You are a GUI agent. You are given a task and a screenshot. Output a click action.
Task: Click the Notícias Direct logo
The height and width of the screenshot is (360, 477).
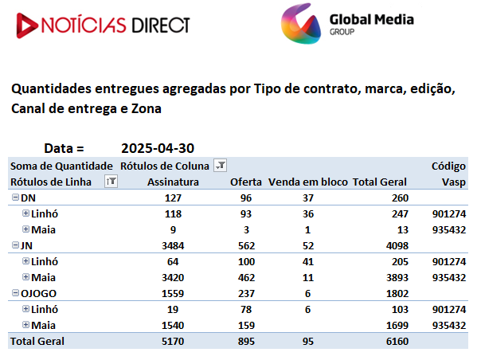tap(104, 25)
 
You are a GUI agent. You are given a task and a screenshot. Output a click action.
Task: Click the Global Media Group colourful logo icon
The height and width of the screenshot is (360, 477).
tap(300, 23)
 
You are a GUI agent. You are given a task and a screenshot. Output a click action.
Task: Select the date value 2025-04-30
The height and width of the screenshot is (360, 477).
tap(158, 148)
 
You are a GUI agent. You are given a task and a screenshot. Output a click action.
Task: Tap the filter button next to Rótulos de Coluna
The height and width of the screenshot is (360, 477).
tap(220, 165)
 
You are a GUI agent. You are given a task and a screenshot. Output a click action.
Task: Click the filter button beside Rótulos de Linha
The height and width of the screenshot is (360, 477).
tap(111, 181)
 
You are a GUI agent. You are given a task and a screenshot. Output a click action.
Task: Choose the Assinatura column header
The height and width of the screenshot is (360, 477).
tap(173, 182)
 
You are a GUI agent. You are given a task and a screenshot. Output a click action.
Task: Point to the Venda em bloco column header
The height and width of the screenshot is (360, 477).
tap(308, 182)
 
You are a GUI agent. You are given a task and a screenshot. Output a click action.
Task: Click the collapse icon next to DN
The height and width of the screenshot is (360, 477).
tap(15, 198)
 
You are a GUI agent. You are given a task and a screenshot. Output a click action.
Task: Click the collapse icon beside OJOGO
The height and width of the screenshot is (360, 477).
tap(15, 293)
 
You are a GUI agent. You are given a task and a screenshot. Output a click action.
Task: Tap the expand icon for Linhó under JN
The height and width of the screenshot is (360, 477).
tap(25, 260)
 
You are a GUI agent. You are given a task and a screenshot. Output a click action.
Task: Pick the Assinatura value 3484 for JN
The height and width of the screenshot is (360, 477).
tap(173, 245)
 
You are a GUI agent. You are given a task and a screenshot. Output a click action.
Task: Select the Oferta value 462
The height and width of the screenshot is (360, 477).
tap(246, 277)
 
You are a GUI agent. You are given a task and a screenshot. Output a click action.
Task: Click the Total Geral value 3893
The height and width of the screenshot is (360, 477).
tap(397, 277)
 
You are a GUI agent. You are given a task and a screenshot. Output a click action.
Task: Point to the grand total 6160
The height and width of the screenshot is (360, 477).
tap(397, 341)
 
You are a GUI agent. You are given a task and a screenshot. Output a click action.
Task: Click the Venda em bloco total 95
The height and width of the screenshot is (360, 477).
tap(308, 341)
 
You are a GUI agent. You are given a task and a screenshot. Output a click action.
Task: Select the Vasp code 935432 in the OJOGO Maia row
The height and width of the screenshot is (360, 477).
tap(449, 325)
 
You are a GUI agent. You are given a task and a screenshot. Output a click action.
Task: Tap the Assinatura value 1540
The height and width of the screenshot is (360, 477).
tap(173, 325)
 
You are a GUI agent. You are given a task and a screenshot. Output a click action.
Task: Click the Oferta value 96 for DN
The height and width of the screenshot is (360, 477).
tap(246, 198)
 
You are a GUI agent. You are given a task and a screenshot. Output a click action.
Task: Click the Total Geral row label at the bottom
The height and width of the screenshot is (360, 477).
tap(37, 341)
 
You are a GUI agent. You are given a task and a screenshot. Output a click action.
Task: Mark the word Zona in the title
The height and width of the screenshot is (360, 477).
tap(146, 108)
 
